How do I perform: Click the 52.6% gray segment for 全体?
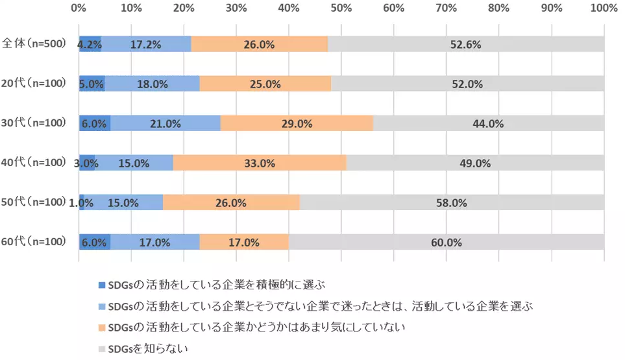point(466,45)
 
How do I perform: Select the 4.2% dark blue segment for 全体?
point(90,45)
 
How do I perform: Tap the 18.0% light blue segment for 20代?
point(153,84)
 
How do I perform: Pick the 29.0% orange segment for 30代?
point(297,123)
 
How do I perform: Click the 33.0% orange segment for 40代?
point(260,163)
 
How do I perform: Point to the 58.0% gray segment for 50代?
point(452,202)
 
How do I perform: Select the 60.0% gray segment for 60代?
point(447,242)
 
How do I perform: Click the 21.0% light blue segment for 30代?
point(165,123)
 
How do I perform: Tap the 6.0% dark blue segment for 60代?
point(94,242)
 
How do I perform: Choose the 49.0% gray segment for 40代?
point(475,163)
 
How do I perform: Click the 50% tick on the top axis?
point(341,8)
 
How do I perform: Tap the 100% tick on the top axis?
point(604,8)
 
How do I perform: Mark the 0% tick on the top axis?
point(79,8)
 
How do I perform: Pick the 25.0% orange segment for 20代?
point(265,84)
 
